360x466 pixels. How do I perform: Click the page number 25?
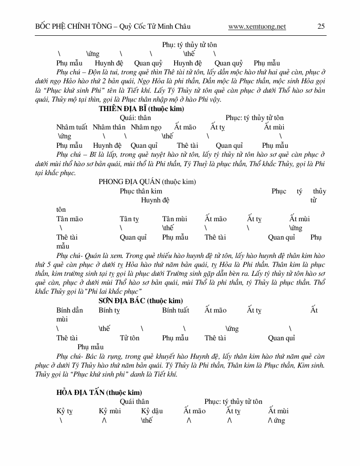click(321, 26)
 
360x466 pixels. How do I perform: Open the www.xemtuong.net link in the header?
click(257, 26)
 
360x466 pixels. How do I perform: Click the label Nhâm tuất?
click(72, 127)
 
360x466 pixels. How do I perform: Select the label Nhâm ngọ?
click(146, 127)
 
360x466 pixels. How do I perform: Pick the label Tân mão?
click(70, 219)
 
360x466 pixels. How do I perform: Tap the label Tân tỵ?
click(129, 219)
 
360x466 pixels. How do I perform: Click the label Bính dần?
click(70, 310)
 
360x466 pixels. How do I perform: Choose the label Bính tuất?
click(176, 310)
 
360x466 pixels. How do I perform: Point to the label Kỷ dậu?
click(152, 411)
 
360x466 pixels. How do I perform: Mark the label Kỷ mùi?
click(110, 411)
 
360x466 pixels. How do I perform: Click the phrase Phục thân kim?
click(141, 191)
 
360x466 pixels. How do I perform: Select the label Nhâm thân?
click(109, 127)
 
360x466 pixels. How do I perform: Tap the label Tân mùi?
click(175, 219)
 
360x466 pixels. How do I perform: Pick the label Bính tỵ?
click(110, 310)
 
